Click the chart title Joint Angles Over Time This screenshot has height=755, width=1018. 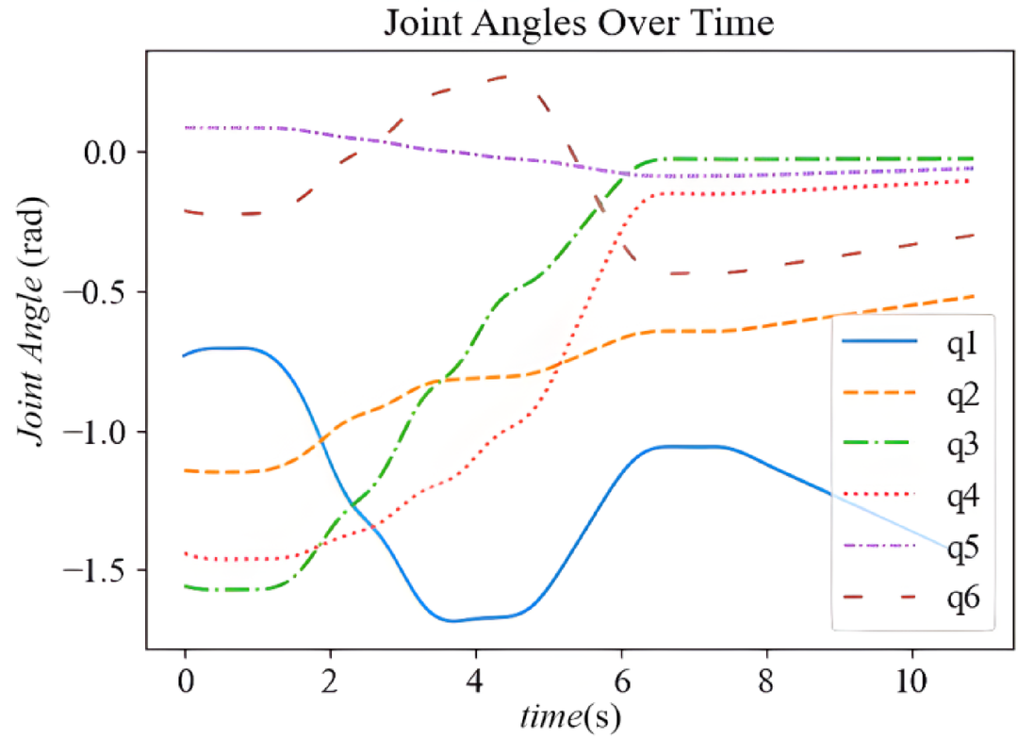coord(578,23)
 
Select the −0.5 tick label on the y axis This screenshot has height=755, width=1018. coord(102,291)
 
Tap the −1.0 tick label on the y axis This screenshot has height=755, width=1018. coord(102,431)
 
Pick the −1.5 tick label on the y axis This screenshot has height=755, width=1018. coord(102,570)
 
